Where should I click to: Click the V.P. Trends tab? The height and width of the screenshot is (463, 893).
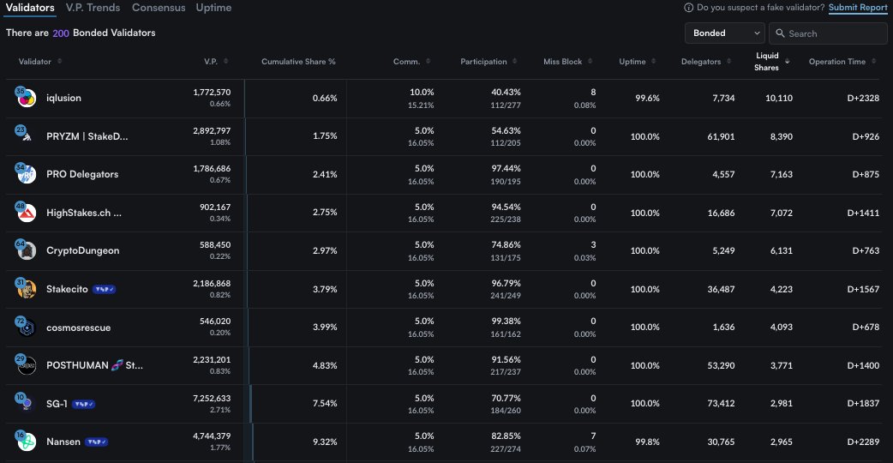pos(93,8)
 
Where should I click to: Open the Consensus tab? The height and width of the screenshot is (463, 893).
pos(158,8)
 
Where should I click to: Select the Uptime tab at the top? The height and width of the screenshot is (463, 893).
pos(213,8)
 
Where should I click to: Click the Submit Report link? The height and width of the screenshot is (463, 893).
pos(858,8)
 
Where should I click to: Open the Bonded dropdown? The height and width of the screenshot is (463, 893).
pos(724,33)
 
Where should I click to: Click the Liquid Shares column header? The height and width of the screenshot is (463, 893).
pos(767,61)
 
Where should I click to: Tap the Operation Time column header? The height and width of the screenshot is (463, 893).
pos(837,62)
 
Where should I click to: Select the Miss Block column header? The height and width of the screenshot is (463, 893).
pos(562,62)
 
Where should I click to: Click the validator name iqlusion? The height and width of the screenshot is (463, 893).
pos(63,98)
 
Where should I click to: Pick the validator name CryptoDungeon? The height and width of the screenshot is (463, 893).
pos(82,250)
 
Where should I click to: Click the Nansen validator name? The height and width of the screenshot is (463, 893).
pos(63,442)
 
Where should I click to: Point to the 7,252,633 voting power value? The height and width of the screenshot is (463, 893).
pos(212,399)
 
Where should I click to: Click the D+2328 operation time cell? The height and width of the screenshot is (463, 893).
pos(861,98)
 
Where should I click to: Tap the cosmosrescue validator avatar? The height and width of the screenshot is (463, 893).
pos(26,328)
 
